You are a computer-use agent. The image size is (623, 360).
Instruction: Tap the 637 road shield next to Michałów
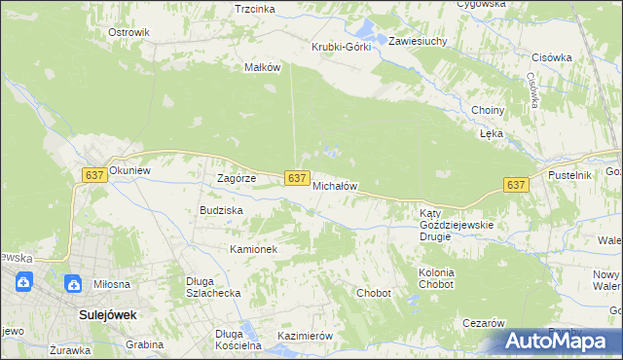pyautogui.click(x=298, y=177)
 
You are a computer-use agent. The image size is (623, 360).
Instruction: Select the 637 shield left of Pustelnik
pyautogui.click(x=516, y=185)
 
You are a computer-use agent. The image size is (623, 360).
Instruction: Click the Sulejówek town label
pyautogui.click(x=107, y=315)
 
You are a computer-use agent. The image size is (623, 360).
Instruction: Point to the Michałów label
pyautogui.click(x=336, y=185)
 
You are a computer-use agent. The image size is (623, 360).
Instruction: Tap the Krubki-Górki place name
pyautogui.click(x=341, y=47)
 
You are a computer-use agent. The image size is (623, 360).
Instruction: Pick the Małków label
pyautogui.click(x=263, y=67)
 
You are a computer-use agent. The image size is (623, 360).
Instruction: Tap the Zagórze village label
pyautogui.click(x=236, y=178)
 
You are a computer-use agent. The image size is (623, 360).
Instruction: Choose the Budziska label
pyautogui.click(x=221, y=210)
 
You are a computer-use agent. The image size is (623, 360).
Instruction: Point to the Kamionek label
pyautogui.click(x=254, y=249)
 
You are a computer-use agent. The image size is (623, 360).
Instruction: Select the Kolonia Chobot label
pyautogui.click(x=435, y=279)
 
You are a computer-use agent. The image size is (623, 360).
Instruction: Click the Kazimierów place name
pyautogui.click(x=306, y=336)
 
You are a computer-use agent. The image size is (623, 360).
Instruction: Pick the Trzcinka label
pyautogui.click(x=255, y=9)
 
